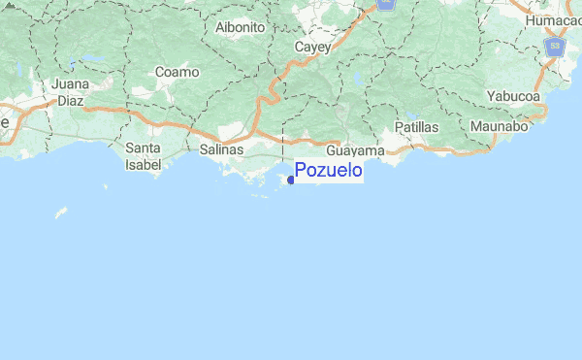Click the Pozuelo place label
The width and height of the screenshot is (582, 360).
tap(329, 171)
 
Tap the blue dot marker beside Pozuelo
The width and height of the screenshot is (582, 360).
tap(291, 180)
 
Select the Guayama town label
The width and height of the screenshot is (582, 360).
tap(356, 151)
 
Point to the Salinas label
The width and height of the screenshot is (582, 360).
tap(221, 150)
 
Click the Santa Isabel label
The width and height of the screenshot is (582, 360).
tap(144, 155)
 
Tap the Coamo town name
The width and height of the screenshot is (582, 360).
tap(176, 72)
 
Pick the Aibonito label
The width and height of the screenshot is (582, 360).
tap(241, 28)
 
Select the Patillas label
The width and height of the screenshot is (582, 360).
tap(418, 127)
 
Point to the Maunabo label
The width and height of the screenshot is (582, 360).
tap(498, 126)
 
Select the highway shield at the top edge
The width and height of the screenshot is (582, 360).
tap(387, 4)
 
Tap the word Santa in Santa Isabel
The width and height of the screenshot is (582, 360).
tap(144, 147)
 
